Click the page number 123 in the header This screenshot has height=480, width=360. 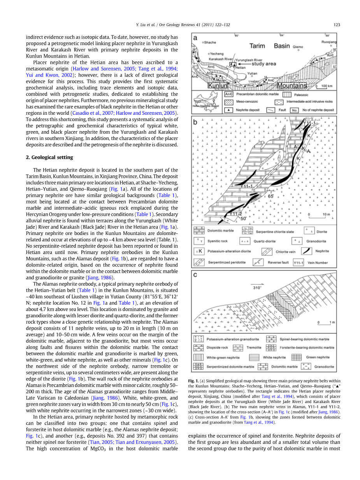[337, 25]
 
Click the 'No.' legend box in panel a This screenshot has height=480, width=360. [294, 110]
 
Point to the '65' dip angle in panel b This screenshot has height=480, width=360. [270, 196]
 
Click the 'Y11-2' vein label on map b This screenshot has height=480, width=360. [235, 214]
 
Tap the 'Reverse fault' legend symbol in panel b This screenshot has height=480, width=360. [258, 262]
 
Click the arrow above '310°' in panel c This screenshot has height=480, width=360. [257, 283]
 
